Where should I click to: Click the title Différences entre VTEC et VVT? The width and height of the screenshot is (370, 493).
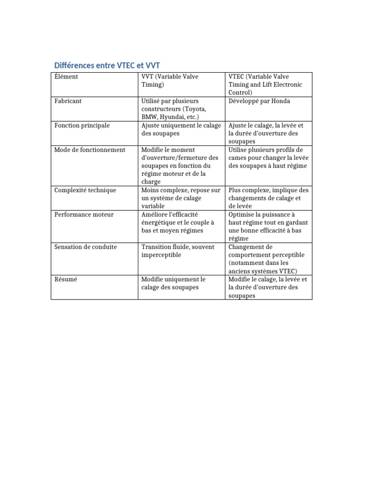point(109,65)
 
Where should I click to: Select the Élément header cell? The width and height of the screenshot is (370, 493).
point(66,77)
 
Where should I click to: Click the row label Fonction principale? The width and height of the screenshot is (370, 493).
point(82,126)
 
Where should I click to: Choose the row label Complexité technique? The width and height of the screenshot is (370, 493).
point(85,190)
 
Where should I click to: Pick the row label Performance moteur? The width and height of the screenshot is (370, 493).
point(84,214)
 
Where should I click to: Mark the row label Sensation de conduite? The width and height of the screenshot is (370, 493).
point(86,247)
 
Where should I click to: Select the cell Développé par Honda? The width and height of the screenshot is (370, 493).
point(259,101)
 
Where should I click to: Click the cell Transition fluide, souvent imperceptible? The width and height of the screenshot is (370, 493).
point(178,251)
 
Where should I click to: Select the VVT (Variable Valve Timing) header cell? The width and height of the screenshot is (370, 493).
point(170,80)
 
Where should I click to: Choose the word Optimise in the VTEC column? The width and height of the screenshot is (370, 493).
point(242,214)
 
